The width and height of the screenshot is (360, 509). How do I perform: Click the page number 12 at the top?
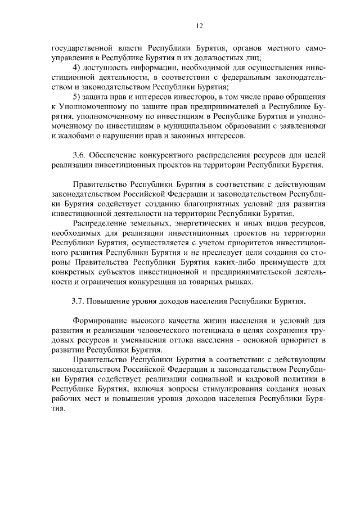coord(199,25)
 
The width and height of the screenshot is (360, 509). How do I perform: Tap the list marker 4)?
coord(79,67)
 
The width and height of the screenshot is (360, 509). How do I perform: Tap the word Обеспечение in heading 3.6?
coord(116,155)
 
